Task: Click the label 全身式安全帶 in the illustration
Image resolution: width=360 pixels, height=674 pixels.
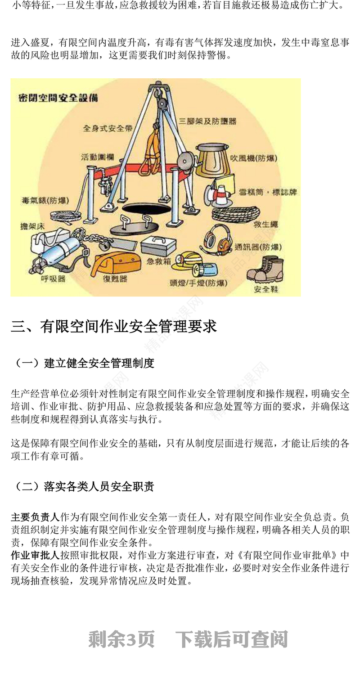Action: point(108,128)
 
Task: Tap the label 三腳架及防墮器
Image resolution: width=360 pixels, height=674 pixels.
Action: point(207,121)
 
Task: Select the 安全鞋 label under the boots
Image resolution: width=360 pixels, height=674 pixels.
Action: point(266,289)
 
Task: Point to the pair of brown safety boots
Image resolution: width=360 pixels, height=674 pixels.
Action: point(265,269)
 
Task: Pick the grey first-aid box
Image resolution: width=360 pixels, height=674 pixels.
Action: point(158,246)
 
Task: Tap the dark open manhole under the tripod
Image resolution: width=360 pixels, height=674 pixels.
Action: point(140,209)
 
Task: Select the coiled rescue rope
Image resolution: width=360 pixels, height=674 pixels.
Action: point(235,214)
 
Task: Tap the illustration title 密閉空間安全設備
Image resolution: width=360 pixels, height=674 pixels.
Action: point(58,98)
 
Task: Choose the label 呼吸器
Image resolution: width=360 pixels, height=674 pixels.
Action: point(54,279)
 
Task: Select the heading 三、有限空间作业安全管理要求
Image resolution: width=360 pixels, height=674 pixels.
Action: point(113,326)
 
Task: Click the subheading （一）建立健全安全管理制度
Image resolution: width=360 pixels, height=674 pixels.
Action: point(83,363)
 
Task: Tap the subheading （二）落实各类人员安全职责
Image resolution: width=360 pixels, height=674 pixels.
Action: point(83,486)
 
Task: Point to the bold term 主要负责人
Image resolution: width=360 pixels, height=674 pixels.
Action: point(35,517)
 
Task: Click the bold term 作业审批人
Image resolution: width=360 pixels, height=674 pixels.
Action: point(35,555)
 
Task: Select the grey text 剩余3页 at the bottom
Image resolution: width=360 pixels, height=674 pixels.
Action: point(121,639)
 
